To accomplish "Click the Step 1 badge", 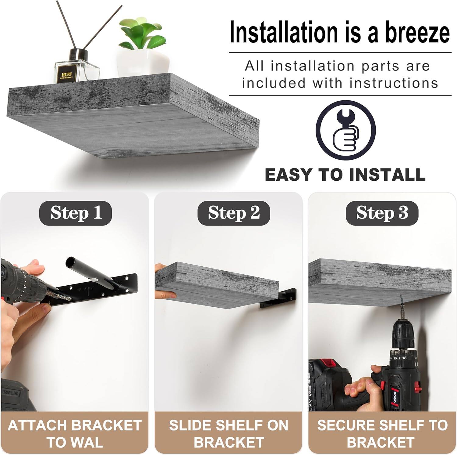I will (76, 213).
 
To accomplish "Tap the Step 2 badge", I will (234, 213).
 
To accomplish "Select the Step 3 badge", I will (382, 213).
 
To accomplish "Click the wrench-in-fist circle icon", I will (345, 130).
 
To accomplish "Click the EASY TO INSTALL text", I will (345, 175).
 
